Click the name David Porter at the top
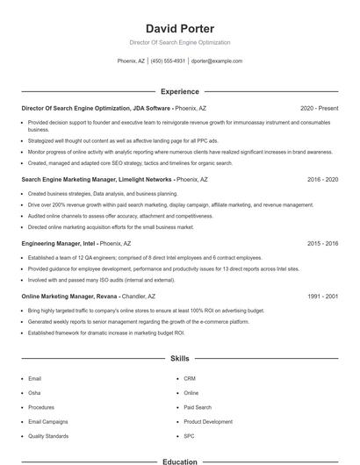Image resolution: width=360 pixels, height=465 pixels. (x=179, y=28)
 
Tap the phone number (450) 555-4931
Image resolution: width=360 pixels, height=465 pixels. (x=168, y=61)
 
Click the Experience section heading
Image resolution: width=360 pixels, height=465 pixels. (x=179, y=91)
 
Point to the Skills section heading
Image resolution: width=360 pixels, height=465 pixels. (x=179, y=359)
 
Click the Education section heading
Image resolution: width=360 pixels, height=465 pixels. (x=179, y=461)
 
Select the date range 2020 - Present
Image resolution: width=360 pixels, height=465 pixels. (x=319, y=108)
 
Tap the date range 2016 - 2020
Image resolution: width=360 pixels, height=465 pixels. (x=322, y=179)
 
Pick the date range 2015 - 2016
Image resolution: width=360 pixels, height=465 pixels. (x=322, y=243)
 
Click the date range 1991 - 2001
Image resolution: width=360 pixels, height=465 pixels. (x=322, y=297)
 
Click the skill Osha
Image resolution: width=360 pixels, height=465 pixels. (x=34, y=393)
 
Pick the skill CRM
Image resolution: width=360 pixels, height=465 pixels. (x=190, y=379)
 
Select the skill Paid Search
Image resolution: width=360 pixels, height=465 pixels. (x=198, y=407)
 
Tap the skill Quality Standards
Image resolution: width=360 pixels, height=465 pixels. (x=48, y=435)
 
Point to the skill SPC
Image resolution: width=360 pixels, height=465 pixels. (x=189, y=435)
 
